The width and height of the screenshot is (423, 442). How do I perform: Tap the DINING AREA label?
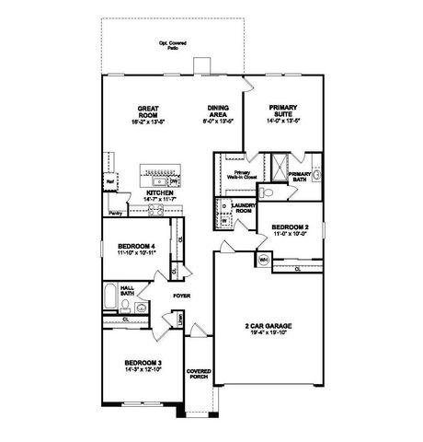(218, 110)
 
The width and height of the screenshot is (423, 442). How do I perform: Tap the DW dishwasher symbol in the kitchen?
(173, 181)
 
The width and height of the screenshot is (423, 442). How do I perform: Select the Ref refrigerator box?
(109, 182)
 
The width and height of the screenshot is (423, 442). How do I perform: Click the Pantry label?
(116, 213)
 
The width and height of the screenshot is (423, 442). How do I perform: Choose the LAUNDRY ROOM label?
(244, 209)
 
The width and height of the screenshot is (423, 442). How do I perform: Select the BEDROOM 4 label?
(139, 248)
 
